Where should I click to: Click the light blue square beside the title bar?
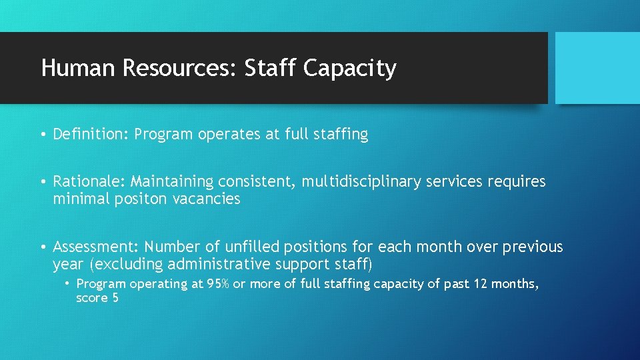point(597,68)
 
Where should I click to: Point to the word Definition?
point(91,135)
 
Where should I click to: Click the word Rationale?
point(89,181)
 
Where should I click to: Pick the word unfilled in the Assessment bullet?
point(244,247)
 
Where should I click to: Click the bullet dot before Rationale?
point(43,182)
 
